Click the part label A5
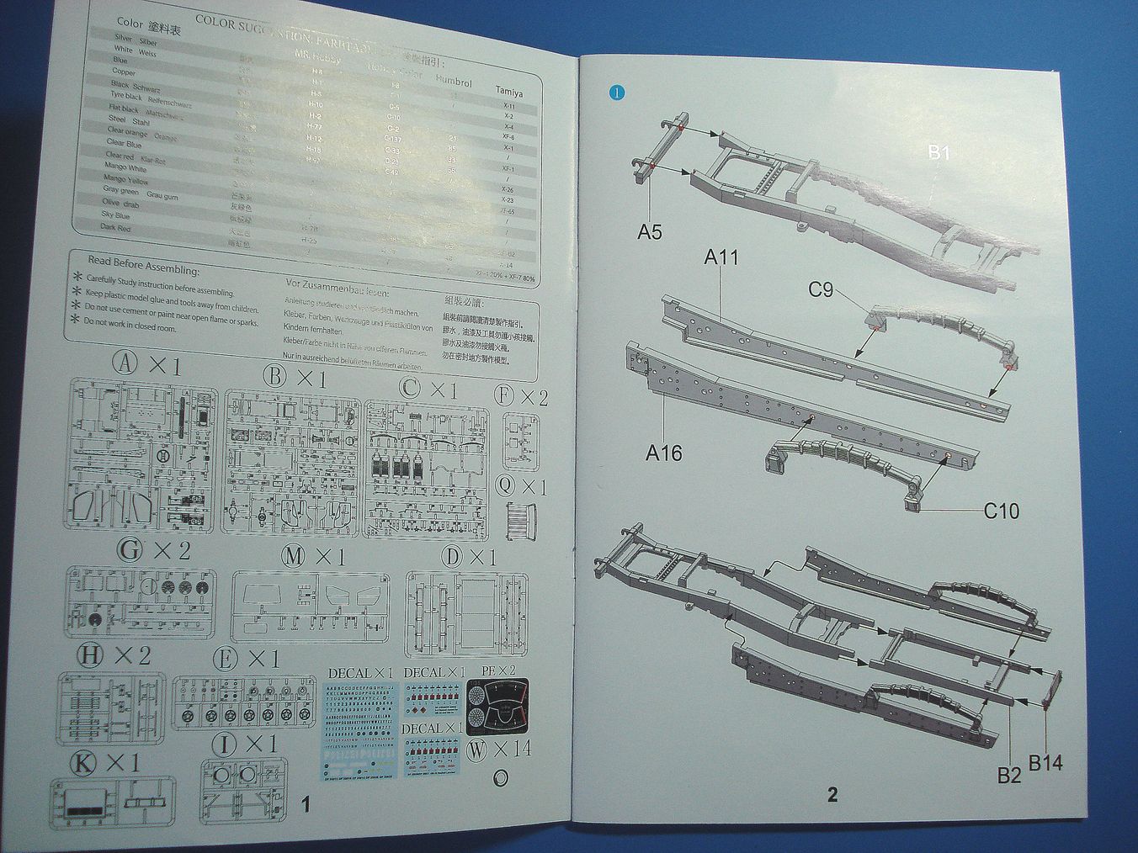coord(649,231)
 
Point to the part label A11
coord(721,257)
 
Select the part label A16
coord(663,453)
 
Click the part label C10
coord(1001,510)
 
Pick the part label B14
coord(1045,763)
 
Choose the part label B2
coord(1008,775)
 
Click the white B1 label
coord(939,152)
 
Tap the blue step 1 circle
coord(618,93)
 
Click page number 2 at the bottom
coord(832,794)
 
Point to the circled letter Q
coord(506,485)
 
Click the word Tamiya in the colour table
coord(508,91)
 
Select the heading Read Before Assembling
coord(143,265)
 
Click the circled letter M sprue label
coord(294,556)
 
